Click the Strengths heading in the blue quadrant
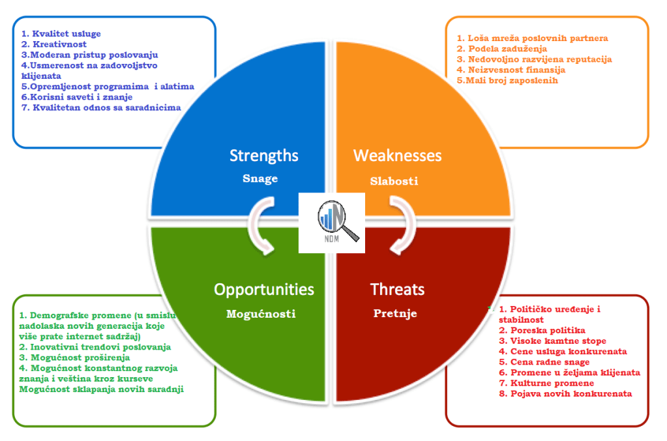point(264,155)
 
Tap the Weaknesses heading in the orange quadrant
point(397,155)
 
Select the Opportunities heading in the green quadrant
point(264,289)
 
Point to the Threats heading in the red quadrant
point(397,289)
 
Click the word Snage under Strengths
point(260,179)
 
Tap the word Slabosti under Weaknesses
point(394,181)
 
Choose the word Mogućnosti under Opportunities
point(261,314)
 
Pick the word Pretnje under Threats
point(395,314)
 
